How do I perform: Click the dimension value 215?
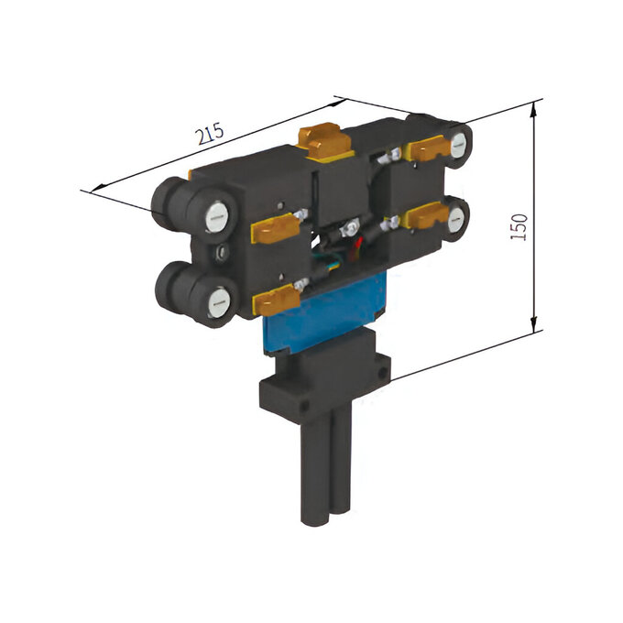pos(211,134)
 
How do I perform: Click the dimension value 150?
pos(519,227)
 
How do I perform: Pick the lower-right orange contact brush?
pos(426,216)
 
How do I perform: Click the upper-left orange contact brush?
pos(275,228)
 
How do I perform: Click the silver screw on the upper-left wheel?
pos(216,217)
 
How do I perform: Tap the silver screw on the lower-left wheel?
pos(219,303)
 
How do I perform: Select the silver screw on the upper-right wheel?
pos(459,144)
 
